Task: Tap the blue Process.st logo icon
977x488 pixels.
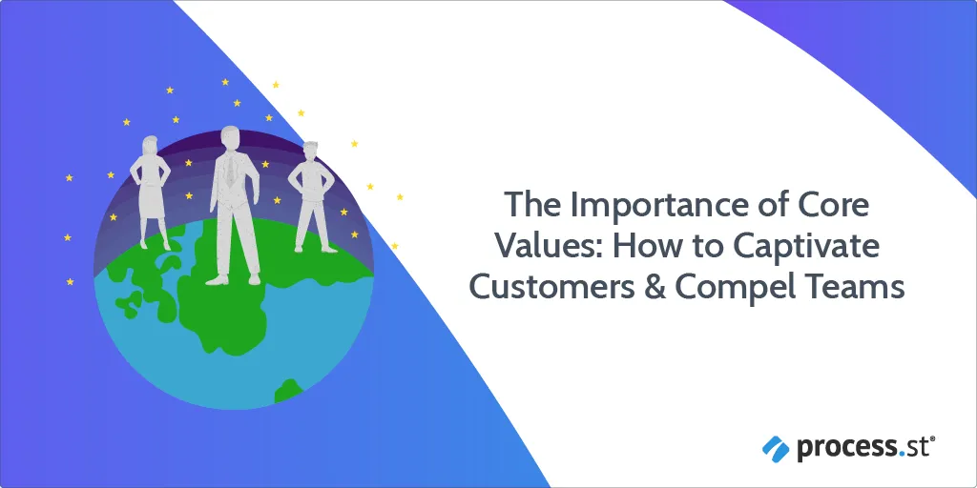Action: [x=776, y=448]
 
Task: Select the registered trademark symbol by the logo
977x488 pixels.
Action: [x=933, y=439]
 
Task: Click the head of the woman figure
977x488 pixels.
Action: [x=151, y=145]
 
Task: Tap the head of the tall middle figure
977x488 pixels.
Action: [x=231, y=138]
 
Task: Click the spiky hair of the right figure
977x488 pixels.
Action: [x=310, y=146]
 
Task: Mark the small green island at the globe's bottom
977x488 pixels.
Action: [x=288, y=390]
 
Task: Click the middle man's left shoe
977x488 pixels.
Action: [x=218, y=279]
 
